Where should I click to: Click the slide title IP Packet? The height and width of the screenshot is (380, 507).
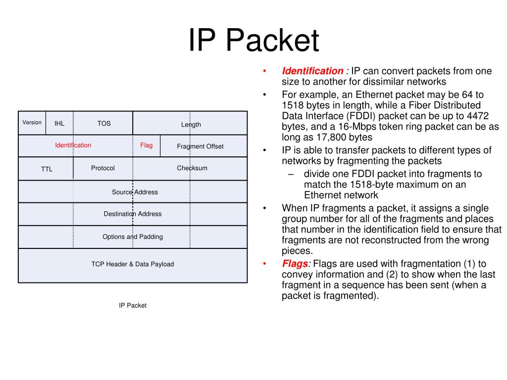click(253, 41)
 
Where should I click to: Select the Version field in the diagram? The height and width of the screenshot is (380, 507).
click(32, 122)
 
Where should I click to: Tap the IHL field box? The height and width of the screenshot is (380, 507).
click(59, 123)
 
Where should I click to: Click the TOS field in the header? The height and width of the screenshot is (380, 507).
click(104, 123)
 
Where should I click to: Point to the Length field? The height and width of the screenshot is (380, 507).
click(191, 124)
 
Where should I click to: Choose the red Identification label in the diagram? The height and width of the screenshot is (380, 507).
click(73, 145)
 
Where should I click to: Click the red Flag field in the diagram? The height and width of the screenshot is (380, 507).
click(146, 145)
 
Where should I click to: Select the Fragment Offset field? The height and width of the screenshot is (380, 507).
click(200, 146)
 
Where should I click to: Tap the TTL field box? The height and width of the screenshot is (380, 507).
click(47, 169)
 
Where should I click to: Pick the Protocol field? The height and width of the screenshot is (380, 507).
click(102, 168)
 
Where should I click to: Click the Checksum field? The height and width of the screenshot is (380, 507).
click(192, 168)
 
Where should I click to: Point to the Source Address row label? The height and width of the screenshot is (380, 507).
click(135, 192)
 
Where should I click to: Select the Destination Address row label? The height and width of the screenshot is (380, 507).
click(133, 214)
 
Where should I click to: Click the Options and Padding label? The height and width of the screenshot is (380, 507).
click(133, 237)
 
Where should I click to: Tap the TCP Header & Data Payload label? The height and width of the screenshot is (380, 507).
click(133, 264)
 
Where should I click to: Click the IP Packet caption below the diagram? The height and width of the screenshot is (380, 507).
click(132, 305)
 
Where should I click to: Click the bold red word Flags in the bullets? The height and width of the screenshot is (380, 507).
click(296, 264)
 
